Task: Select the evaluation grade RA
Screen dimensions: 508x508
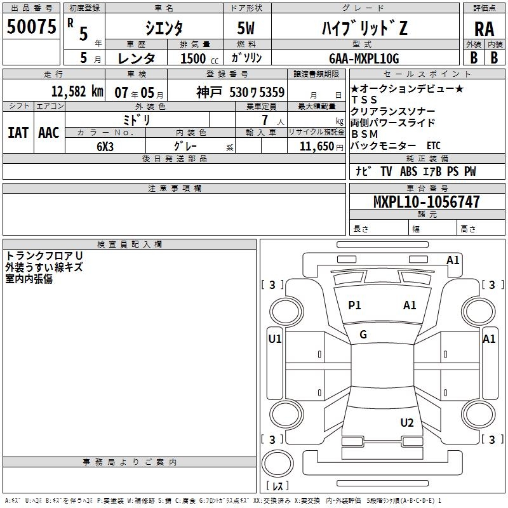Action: [x=485, y=29]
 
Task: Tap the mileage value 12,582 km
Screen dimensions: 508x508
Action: [x=77, y=91]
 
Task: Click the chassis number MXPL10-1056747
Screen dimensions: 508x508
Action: [x=426, y=203]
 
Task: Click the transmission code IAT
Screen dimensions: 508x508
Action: [x=18, y=132]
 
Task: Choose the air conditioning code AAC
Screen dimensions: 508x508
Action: [x=48, y=132]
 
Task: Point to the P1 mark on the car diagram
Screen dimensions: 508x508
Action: [x=354, y=305]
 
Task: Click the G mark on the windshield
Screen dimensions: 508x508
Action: [x=363, y=335]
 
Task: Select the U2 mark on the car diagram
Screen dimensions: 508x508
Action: [x=407, y=423]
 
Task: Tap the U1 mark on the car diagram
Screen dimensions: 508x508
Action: [x=275, y=339]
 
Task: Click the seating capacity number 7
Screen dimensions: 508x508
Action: [x=264, y=120]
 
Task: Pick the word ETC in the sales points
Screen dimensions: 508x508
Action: [x=433, y=145]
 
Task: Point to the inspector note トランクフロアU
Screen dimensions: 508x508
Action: [x=44, y=255]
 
